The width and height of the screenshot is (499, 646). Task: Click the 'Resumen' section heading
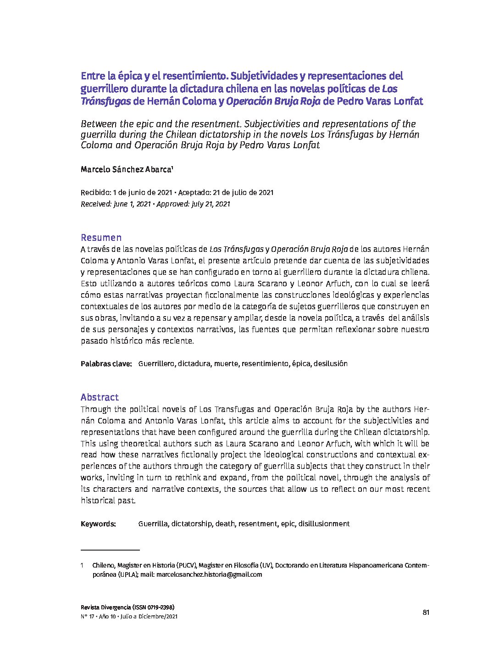(101, 238)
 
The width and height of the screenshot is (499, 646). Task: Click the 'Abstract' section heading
(100, 397)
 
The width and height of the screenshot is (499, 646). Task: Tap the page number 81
(426, 612)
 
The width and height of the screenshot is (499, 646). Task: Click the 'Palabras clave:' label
(106, 364)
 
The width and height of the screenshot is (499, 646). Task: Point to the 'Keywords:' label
(98, 524)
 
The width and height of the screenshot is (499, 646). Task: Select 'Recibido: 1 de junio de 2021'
(126, 193)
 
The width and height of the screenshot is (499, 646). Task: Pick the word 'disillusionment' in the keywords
(324, 524)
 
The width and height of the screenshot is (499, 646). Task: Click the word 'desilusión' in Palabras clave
(330, 364)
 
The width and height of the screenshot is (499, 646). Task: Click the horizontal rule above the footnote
(110, 550)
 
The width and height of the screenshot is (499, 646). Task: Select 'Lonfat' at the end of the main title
(408, 101)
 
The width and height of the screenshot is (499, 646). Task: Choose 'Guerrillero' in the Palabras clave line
(156, 364)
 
